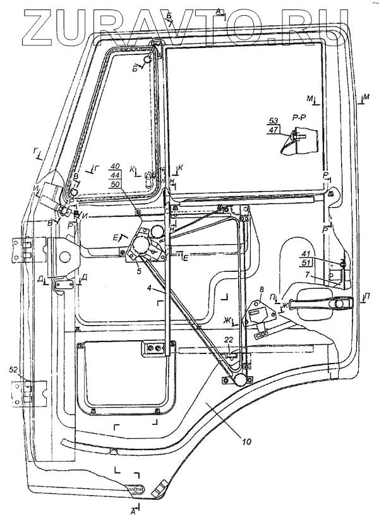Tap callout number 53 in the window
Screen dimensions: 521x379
(274, 120)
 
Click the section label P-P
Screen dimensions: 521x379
(299, 118)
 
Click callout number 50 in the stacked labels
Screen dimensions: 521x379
(115, 185)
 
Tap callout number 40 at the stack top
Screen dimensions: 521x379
(115, 167)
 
